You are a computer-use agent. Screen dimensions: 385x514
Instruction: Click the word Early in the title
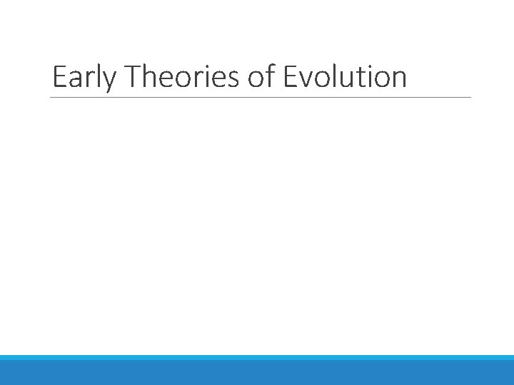click(82, 78)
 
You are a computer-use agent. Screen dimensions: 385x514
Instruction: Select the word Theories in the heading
click(179, 77)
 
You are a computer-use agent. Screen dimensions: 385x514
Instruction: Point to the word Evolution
click(345, 77)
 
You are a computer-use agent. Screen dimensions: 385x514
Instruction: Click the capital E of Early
click(59, 77)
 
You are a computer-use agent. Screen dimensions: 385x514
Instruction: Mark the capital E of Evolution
click(290, 77)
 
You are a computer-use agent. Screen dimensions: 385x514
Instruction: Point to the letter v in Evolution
click(306, 80)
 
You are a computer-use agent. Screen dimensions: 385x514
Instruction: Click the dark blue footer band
click(257, 373)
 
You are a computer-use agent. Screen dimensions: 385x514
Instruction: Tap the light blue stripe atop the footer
click(257, 357)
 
